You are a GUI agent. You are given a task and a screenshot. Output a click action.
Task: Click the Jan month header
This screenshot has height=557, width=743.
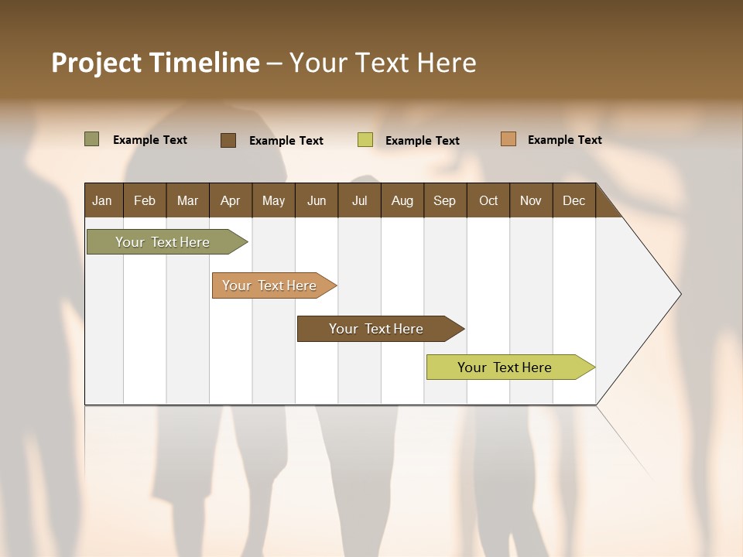tap(103, 200)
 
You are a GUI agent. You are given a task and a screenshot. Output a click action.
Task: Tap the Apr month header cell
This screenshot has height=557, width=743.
tap(231, 200)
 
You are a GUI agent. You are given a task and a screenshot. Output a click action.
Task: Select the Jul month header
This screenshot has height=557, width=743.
tap(359, 200)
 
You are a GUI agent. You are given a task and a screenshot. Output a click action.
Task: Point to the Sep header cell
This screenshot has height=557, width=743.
tap(445, 200)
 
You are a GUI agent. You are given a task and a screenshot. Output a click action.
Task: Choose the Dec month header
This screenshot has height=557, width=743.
tap(574, 200)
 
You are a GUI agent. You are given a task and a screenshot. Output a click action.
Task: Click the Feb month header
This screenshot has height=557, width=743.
tap(145, 200)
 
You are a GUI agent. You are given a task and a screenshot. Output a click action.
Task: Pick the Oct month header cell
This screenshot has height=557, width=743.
tap(488, 200)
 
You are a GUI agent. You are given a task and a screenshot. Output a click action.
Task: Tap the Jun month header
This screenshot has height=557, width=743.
tap(317, 200)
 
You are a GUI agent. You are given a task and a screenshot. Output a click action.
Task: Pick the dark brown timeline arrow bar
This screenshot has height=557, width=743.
tap(377, 329)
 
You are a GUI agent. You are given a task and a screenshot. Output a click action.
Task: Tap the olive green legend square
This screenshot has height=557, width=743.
tap(92, 139)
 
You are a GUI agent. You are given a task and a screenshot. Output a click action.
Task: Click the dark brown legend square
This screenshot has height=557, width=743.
tap(228, 140)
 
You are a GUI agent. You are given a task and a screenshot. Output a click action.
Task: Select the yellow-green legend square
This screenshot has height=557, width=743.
tap(365, 140)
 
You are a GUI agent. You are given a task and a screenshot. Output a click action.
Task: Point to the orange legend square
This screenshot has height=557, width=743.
tap(508, 139)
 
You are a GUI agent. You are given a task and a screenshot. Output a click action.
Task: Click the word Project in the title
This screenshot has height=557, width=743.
tap(98, 63)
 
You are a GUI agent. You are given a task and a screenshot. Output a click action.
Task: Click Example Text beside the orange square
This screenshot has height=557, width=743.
tap(564, 140)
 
